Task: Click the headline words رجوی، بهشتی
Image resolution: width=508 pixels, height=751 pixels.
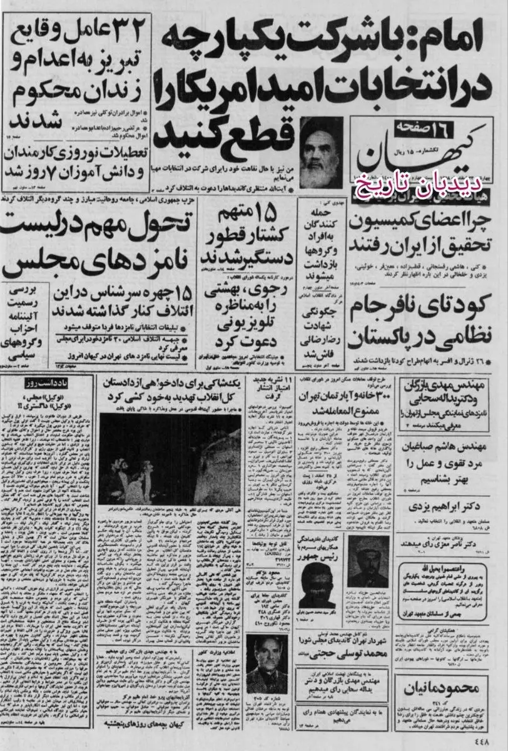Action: [235, 289]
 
